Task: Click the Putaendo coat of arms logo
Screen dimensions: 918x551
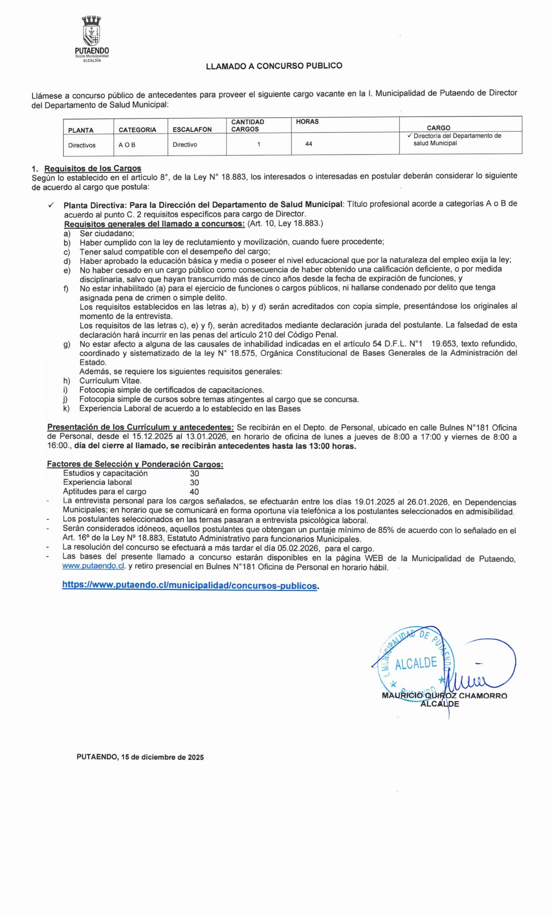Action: [92, 31]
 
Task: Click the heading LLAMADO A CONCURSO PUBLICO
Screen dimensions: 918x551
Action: [274, 66]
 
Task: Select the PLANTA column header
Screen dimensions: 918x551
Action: [81, 130]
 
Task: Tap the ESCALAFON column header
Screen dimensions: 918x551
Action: [192, 129]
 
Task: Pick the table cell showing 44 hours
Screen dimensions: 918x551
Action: [309, 144]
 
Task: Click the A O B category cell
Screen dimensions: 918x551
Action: [127, 145]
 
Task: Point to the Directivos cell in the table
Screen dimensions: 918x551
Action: [82, 145]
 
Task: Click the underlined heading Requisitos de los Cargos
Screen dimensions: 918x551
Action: [93, 169]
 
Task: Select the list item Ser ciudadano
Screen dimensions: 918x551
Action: [106, 233]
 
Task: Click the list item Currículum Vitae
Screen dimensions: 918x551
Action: [110, 380]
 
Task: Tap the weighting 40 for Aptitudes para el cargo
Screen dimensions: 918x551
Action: [194, 492]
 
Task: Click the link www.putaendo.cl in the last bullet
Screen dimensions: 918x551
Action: [94, 566]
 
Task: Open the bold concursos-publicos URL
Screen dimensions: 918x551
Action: [189, 585]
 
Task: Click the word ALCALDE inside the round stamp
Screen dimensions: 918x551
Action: [416, 663]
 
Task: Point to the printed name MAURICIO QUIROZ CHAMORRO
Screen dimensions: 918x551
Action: [444, 696]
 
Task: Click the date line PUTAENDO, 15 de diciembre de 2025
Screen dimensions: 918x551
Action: [140, 757]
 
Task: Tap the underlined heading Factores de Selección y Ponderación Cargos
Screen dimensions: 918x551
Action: [135, 464]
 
